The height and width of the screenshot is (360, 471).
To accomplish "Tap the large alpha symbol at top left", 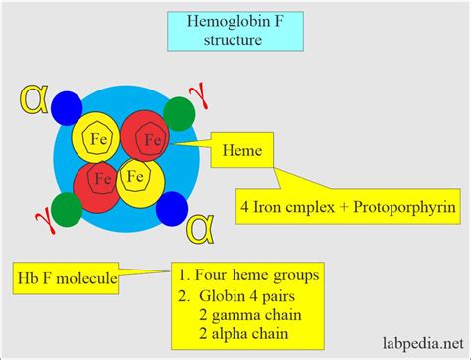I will pyautogui.click(x=33, y=101).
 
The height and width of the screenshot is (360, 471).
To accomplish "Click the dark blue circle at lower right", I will pyautogui.click(x=170, y=207).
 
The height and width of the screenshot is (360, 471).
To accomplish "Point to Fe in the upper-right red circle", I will pyautogui.click(x=151, y=140).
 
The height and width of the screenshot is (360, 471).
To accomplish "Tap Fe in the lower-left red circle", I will pyautogui.click(x=99, y=180).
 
